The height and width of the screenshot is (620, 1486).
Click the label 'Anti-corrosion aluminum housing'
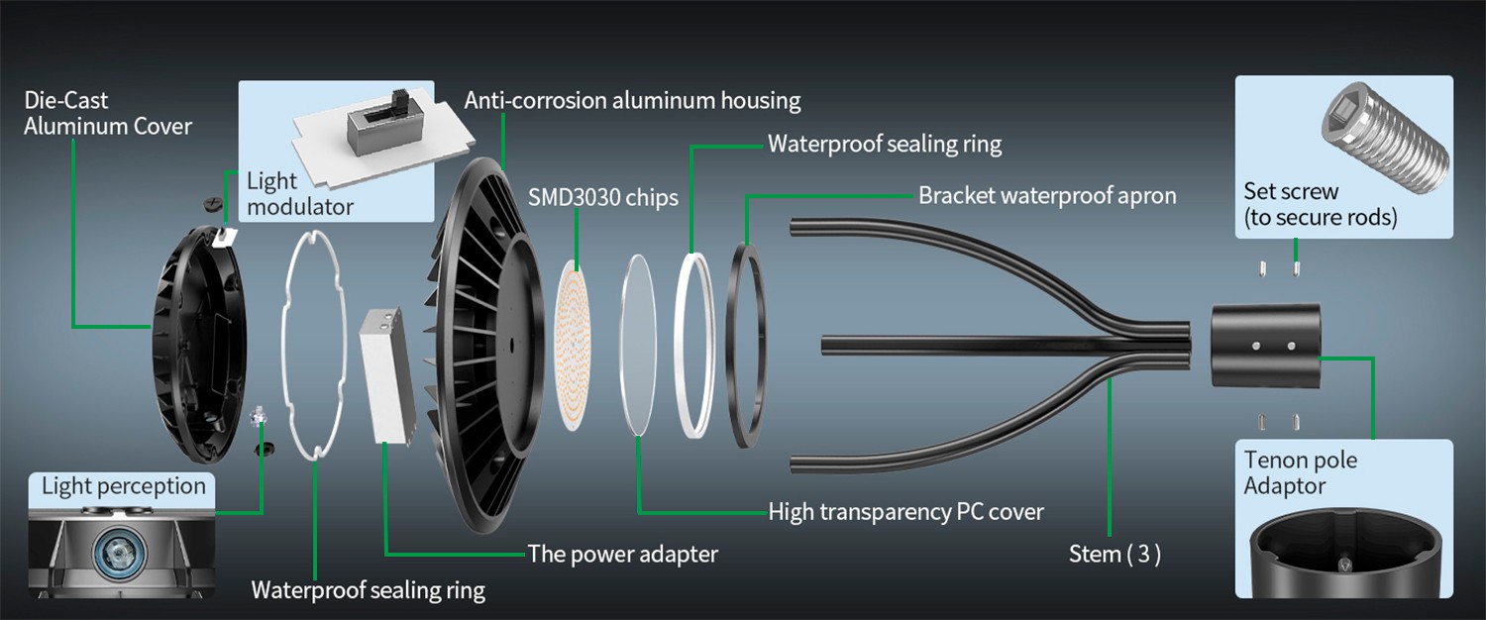point(632,100)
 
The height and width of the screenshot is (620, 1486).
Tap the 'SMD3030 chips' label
point(603,197)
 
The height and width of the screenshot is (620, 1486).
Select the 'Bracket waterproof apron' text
point(1047,195)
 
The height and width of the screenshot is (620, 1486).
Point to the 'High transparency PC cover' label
point(905,512)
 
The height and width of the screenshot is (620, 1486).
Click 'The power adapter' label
point(622,554)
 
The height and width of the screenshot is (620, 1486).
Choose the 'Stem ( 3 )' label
point(1114,555)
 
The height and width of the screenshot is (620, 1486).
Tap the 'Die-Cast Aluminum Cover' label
point(107,113)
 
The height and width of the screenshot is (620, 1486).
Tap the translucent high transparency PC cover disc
point(638,342)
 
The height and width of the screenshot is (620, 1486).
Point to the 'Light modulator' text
point(299,194)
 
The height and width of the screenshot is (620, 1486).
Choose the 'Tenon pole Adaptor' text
point(1300,473)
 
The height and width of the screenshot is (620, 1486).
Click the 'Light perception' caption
point(124,486)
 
